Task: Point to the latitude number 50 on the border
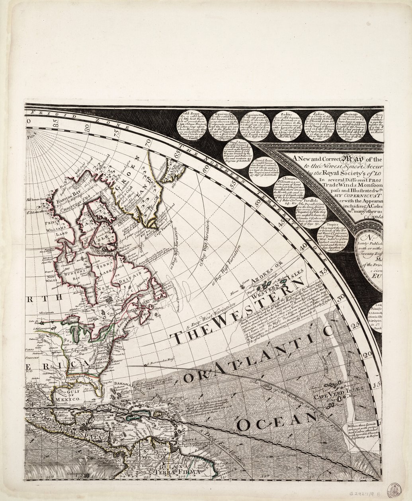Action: coord(259,202)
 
